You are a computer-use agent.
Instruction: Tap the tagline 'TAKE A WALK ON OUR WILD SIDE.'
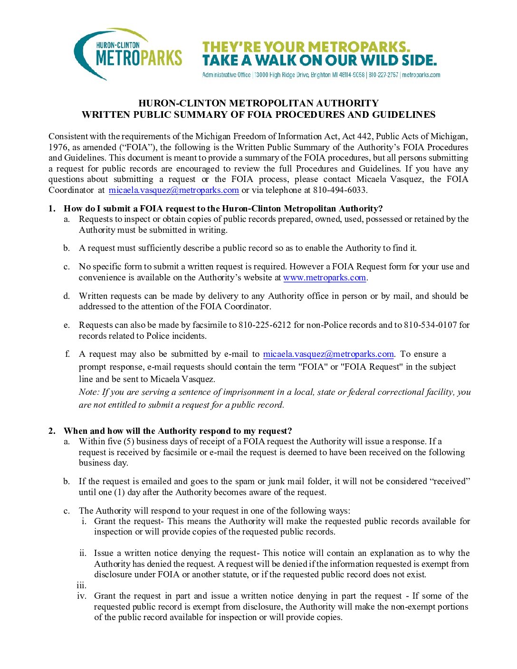point(319,61)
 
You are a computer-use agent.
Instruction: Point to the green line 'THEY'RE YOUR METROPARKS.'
point(306,47)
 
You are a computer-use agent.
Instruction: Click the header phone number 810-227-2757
point(383,75)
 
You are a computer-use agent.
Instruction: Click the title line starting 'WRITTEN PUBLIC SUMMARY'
point(258,115)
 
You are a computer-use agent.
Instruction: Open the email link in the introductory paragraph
point(173,190)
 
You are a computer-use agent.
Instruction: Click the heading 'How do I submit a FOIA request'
point(223,209)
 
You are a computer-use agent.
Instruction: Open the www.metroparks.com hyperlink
point(325,277)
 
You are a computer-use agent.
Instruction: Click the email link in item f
point(328,354)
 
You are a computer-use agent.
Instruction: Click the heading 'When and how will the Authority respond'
point(178,431)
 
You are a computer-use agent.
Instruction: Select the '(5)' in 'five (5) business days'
point(129,441)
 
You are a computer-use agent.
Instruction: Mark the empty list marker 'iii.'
point(82,585)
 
